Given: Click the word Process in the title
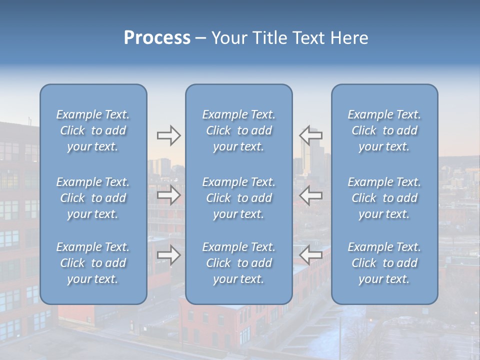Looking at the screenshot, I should [x=157, y=38].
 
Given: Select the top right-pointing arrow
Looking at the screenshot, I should [x=168, y=135].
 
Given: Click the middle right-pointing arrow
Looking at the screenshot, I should [x=168, y=195].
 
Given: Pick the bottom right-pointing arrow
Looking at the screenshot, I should [x=168, y=255].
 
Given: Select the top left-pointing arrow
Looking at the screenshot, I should [x=311, y=135].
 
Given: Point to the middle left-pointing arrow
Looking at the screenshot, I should [x=311, y=195].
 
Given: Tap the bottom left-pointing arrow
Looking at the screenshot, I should [x=311, y=255].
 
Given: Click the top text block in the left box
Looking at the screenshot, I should [x=93, y=130].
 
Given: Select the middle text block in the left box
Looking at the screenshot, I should [x=93, y=198].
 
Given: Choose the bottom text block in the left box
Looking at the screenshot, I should [x=93, y=263].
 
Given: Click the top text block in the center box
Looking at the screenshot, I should [x=239, y=130].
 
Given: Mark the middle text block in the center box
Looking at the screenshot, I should [x=239, y=198].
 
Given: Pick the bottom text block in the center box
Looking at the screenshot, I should [x=239, y=263].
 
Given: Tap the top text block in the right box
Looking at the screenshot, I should [x=384, y=130].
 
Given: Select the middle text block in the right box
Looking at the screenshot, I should [x=384, y=198].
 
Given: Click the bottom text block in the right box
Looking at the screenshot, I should [x=384, y=263].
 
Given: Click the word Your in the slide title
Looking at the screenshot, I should [x=229, y=38].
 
